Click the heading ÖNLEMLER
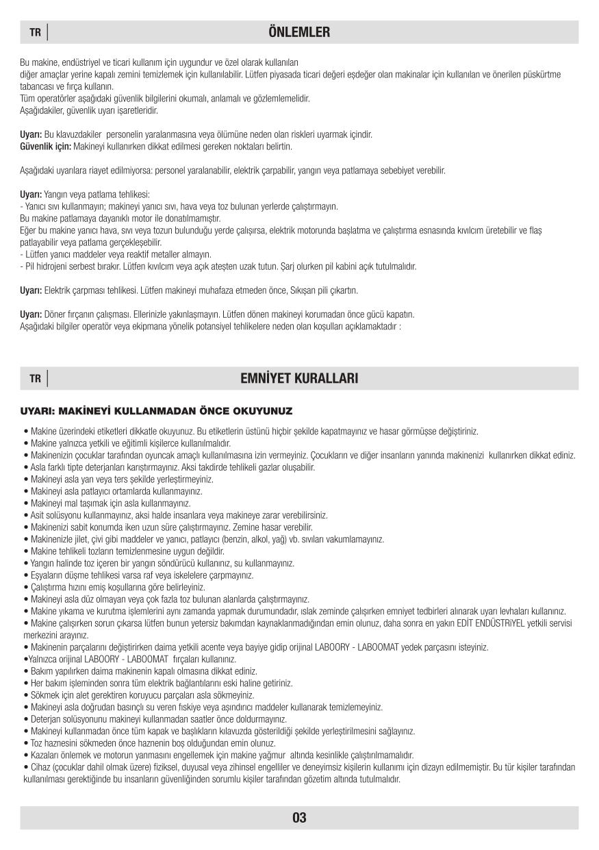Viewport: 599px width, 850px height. pos(299,32)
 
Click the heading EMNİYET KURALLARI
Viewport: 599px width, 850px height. pos(299,379)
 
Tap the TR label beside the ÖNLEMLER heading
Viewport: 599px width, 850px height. pos(35,33)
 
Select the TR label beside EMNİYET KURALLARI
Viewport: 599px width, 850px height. pos(35,379)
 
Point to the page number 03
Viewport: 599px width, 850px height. pos(299,818)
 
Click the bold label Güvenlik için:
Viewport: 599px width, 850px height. pos(44,147)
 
